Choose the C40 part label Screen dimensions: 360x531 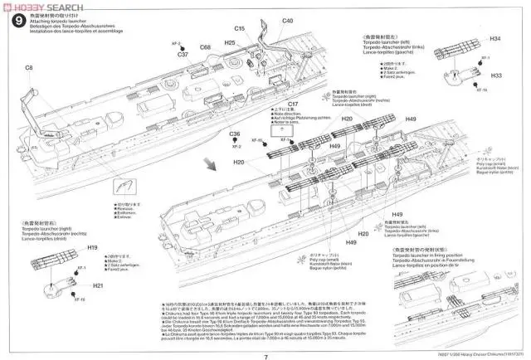pos(288,20)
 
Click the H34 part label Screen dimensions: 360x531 pos(495,40)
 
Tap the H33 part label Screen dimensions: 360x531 pos(495,99)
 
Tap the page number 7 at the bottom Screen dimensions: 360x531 pos(265,335)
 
